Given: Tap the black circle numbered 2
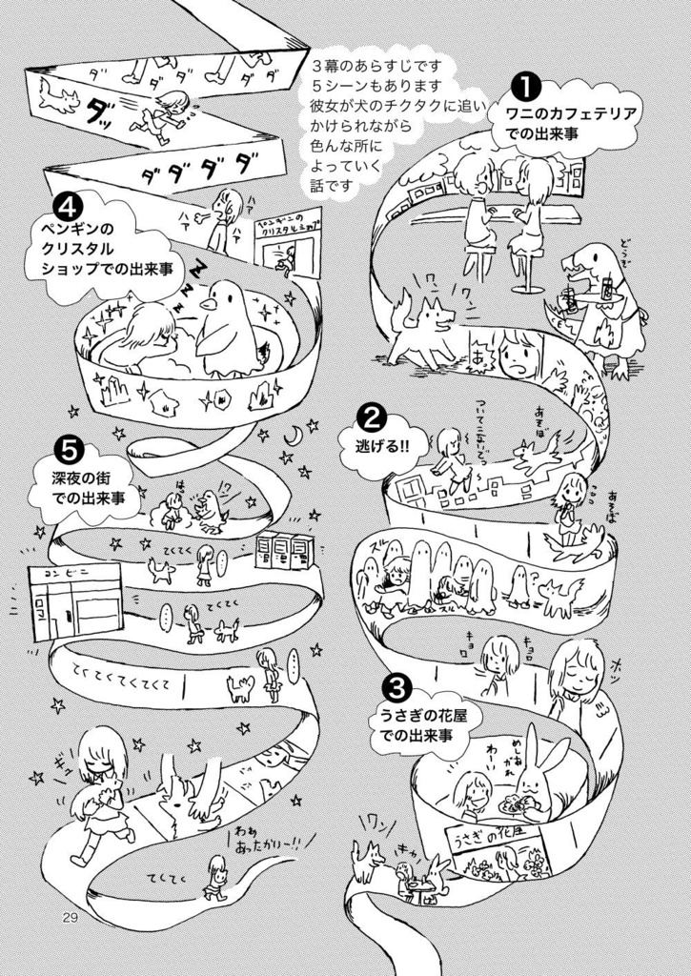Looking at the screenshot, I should pyautogui.click(x=370, y=417).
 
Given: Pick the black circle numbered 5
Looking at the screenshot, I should pyautogui.click(x=68, y=445).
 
